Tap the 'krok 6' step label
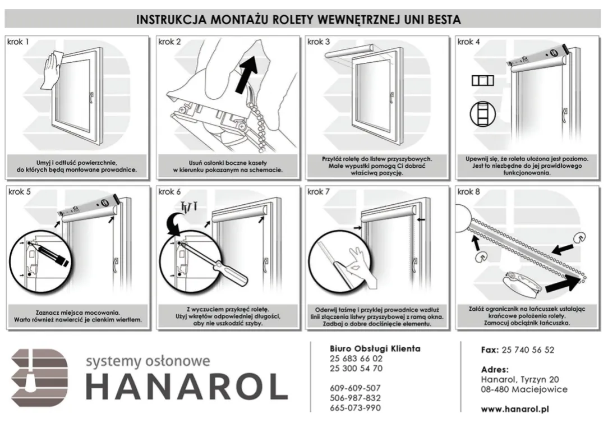click(x=169, y=192)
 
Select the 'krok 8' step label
click(x=469, y=192)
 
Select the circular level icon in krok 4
click(x=482, y=114)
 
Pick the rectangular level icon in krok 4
click(x=482, y=80)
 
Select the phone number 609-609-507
click(x=355, y=388)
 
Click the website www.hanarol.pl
click(x=514, y=409)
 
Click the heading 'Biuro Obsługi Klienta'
click(x=375, y=348)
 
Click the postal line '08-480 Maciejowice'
click(x=524, y=389)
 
